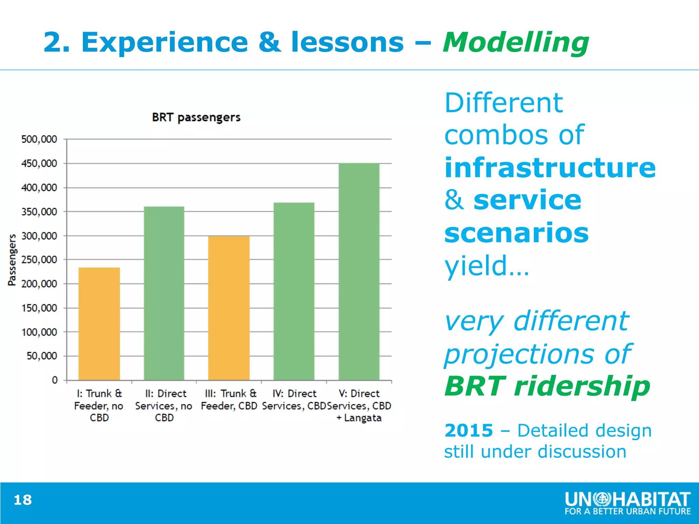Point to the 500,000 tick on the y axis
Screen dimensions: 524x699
click(x=39, y=139)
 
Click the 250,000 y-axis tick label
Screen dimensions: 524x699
click(x=39, y=260)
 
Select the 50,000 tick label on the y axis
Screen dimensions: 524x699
click(x=42, y=356)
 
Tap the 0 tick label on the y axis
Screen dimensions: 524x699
click(x=55, y=380)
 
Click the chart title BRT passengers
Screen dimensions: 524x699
click(x=196, y=117)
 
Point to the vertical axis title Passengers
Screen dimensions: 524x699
click(x=12, y=260)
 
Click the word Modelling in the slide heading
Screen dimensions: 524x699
click(x=516, y=43)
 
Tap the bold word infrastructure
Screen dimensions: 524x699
click(x=550, y=168)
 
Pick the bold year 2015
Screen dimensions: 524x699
click(x=468, y=431)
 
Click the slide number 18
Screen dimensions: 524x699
click(x=23, y=500)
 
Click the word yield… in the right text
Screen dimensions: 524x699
click(x=486, y=265)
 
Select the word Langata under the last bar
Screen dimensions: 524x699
click(x=362, y=418)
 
